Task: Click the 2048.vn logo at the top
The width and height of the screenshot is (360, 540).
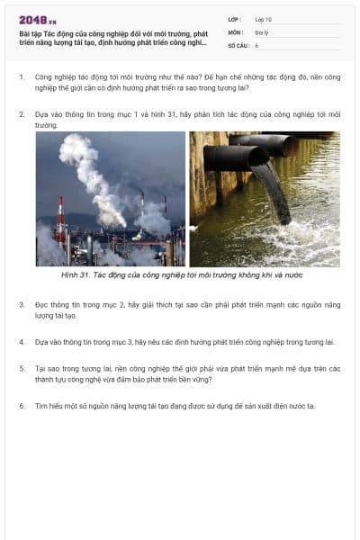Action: pos(38,20)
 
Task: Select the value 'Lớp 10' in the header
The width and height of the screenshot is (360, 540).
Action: pos(263,19)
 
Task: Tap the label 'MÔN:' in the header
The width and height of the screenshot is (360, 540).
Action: pos(235,31)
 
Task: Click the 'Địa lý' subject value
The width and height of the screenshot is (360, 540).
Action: pos(262,31)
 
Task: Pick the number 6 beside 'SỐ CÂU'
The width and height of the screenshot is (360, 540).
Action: pos(256,44)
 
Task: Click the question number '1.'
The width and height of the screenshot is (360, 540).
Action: pos(22,77)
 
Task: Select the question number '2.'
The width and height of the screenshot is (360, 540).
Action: pos(22,115)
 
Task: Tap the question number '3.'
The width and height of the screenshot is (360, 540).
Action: pos(22,304)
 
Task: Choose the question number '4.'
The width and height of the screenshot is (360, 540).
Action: pos(22,342)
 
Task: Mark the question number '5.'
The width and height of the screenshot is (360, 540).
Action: pos(22,367)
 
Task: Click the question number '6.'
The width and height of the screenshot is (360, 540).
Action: pos(22,405)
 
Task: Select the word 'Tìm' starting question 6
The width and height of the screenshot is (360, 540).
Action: pos(41,405)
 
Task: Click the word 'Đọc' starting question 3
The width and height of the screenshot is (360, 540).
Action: pos(42,304)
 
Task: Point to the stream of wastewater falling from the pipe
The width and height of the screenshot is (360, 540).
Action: pos(273,193)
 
